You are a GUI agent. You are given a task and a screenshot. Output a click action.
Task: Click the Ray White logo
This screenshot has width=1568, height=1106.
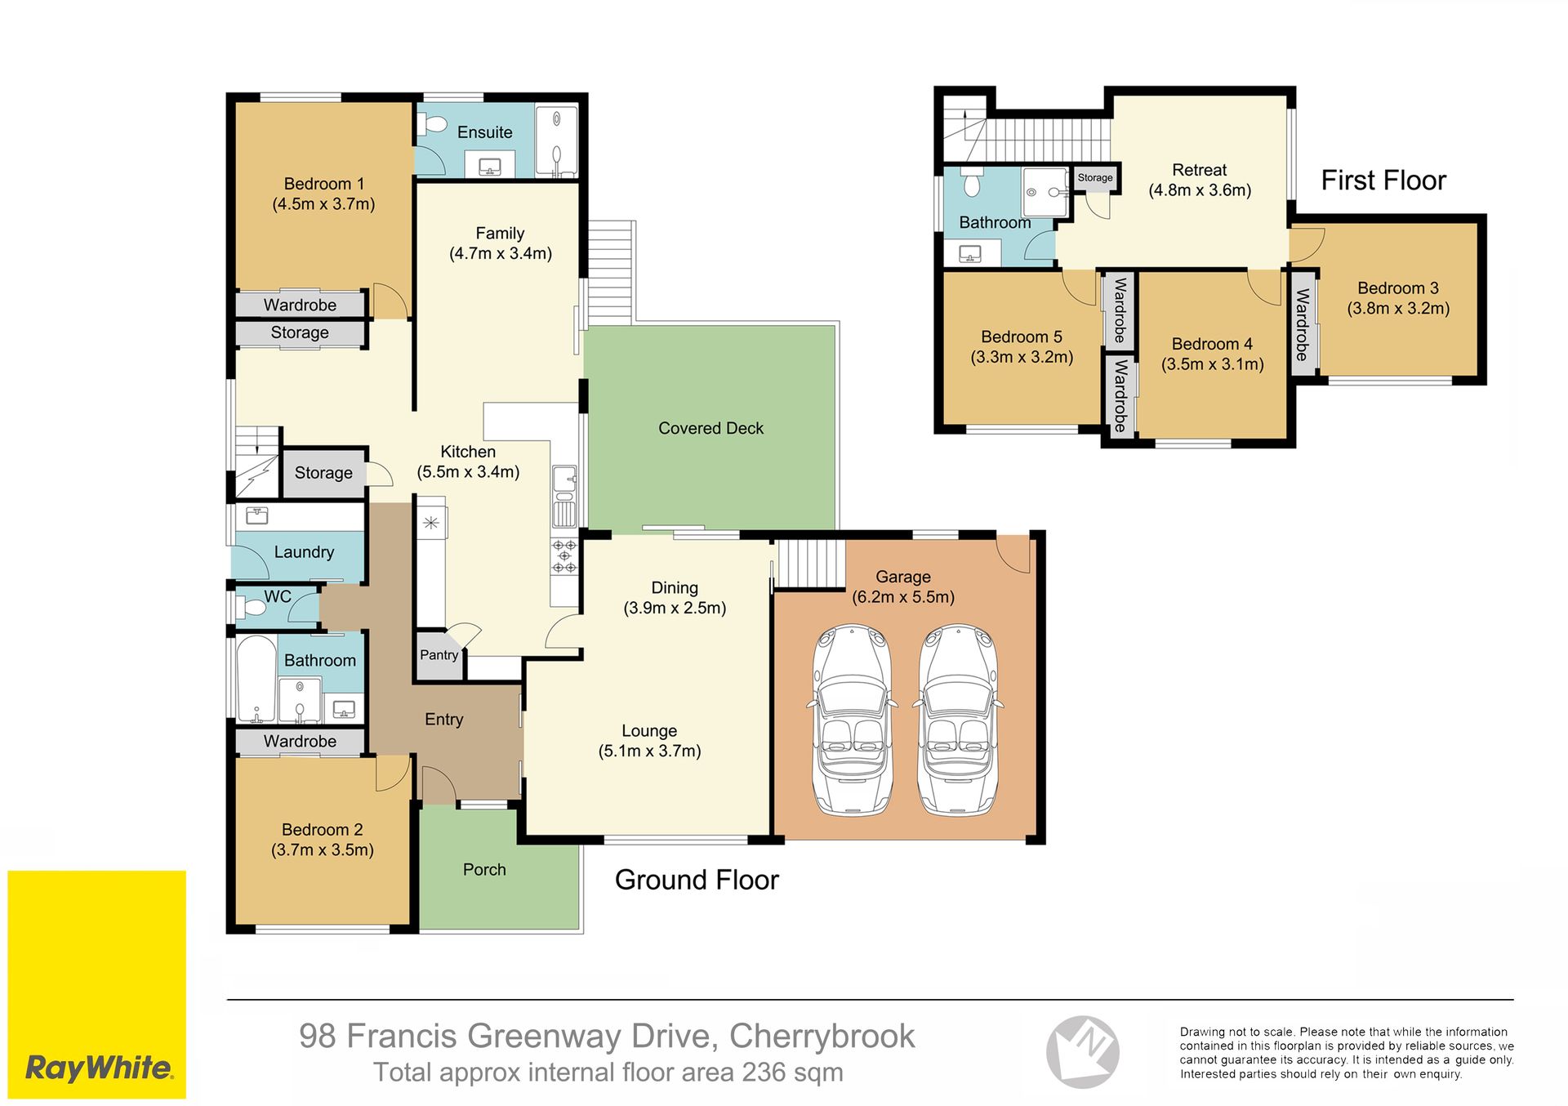point(97,983)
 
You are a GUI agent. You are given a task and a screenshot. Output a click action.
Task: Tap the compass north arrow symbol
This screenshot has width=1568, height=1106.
point(1083,1052)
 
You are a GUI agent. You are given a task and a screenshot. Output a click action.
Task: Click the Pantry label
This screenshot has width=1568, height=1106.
point(439,655)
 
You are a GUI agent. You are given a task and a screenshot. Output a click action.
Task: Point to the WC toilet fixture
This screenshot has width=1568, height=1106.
point(250,606)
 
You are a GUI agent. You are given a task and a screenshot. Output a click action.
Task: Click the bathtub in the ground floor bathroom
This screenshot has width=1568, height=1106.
point(256,680)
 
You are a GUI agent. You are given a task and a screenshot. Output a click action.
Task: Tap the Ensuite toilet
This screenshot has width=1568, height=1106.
point(432,124)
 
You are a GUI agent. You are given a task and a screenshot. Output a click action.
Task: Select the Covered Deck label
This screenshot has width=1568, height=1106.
point(710,428)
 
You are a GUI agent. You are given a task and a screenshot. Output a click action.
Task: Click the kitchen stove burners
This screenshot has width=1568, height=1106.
point(564,555)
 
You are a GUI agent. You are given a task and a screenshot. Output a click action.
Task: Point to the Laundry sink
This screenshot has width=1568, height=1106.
point(257,515)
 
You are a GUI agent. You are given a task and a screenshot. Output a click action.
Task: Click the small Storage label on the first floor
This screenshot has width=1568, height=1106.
point(1095,177)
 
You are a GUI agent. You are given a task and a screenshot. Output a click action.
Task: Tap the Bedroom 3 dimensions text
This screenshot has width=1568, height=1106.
point(1398,309)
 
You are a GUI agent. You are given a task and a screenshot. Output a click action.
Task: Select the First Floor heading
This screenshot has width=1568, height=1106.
point(1383,180)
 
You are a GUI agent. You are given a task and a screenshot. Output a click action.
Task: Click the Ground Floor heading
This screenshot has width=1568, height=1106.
point(697,880)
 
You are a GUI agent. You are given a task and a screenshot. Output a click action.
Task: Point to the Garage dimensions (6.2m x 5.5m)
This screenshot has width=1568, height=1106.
point(903,597)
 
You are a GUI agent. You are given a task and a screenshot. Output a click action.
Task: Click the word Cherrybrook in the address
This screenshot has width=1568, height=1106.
point(822,1036)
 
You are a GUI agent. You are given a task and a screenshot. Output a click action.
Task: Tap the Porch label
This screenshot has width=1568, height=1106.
point(484,870)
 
